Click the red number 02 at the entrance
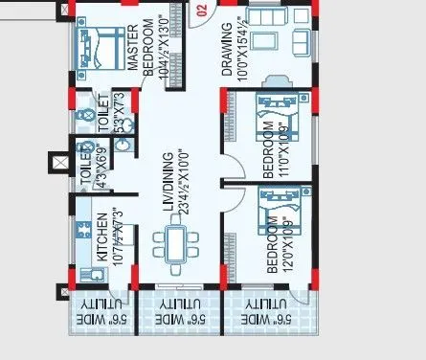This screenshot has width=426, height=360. (201, 11)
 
